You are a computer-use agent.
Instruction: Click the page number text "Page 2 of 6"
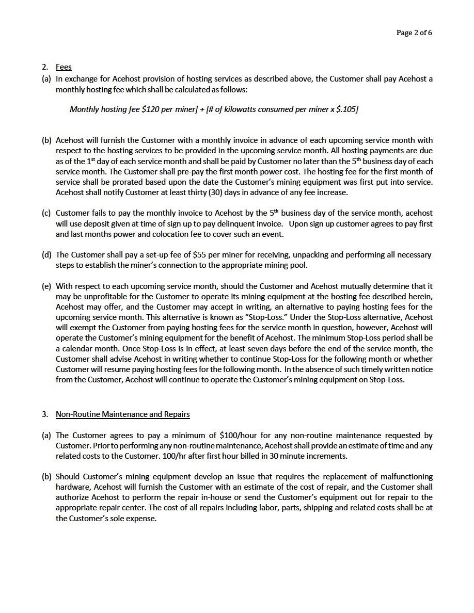(x=414, y=33)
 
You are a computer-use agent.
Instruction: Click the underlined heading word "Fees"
(x=64, y=67)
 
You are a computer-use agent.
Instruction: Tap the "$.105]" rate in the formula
(x=347, y=109)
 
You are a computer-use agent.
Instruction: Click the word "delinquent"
(x=233, y=223)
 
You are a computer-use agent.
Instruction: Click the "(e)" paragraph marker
(x=46, y=286)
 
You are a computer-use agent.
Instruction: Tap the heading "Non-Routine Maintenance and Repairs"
(x=123, y=414)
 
